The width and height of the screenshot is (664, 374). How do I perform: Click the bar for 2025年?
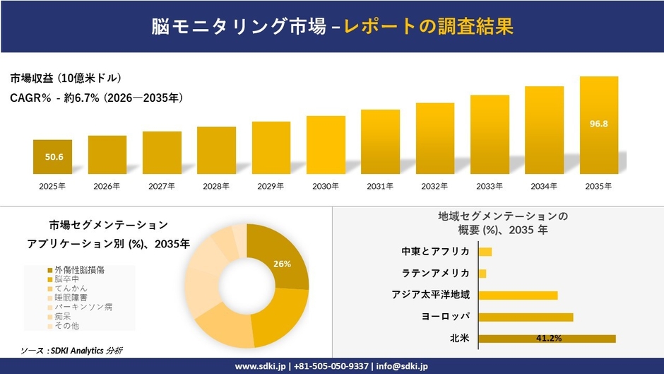[52, 157]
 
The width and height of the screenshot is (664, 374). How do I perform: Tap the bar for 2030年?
[326, 145]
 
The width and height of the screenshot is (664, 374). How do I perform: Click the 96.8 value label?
[598, 124]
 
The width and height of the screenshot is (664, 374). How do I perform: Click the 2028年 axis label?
[216, 187]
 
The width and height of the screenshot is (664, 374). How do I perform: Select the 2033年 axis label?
[490, 187]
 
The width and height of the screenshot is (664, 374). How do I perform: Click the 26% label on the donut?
[282, 264]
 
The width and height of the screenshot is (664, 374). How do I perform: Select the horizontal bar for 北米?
[547, 339]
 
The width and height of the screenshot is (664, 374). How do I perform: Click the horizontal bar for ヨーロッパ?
[526, 317]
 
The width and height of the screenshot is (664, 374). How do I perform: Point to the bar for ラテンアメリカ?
[482, 274]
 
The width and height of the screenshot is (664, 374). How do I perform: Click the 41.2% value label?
[549, 339]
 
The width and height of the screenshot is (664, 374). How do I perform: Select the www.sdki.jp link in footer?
[259, 366]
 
